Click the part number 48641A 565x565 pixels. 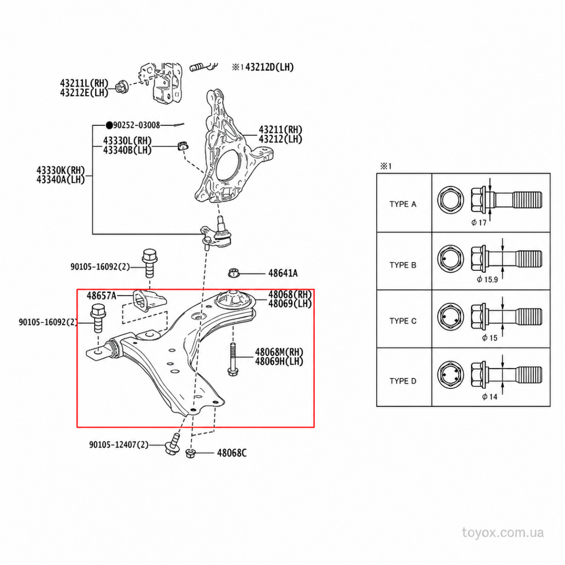(282, 273)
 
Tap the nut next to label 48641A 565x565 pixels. (234, 273)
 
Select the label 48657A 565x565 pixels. (101, 296)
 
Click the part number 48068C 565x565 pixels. (232, 453)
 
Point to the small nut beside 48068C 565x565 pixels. (191, 453)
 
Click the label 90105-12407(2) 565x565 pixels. (119, 445)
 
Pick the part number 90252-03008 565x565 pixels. (137, 125)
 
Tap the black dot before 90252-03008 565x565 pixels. (109, 126)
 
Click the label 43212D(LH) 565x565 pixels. (269, 67)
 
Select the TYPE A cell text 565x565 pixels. (403, 204)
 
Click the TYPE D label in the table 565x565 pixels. (403, 381)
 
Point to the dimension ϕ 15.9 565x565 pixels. (487, 279)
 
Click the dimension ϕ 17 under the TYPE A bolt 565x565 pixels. (479, 223)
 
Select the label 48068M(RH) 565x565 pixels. (279, 352)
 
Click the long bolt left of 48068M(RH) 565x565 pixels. (232, 359)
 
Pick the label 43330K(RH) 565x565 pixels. (61, 170)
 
